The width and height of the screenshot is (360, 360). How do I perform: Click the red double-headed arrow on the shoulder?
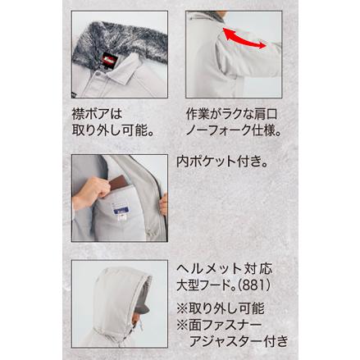[244, 39]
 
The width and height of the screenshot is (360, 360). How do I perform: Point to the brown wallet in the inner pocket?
[118, 182]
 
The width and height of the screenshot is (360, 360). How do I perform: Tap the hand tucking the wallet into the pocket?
[90, 191]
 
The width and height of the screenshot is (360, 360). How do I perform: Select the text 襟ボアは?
[97, 114]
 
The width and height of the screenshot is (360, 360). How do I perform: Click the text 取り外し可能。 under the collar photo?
[113, 130]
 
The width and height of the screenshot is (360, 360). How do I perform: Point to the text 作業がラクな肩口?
[232, 114]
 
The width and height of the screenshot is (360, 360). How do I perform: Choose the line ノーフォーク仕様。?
[234, 130]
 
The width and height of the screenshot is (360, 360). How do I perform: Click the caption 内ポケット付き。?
[221, 162]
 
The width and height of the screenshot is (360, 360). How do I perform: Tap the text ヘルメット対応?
[224, 269]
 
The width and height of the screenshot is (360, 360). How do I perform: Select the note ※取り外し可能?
[221, 308]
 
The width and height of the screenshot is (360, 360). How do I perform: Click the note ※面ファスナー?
[219, 325]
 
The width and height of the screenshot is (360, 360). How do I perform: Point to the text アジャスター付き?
[239, 341]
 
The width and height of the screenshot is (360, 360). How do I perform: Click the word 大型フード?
[203, 285]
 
